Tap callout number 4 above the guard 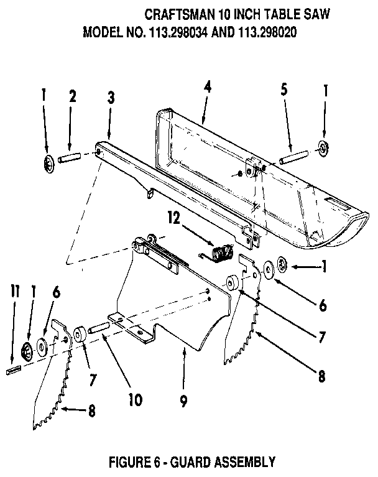(207, 87)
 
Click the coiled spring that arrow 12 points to (219, 253)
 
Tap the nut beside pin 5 (323, 148)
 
